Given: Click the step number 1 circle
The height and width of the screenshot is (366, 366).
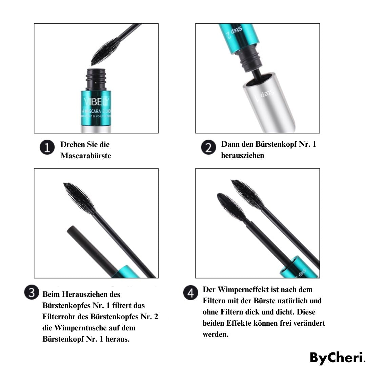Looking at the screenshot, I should pos(46,148).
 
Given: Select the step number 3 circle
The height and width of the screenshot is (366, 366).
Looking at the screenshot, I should pos(32,293).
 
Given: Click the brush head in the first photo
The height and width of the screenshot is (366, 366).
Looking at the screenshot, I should pos(106,51).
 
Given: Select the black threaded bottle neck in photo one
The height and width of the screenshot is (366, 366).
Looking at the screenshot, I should pos(96,79).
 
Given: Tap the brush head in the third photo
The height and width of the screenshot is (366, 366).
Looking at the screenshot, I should pos(80,198).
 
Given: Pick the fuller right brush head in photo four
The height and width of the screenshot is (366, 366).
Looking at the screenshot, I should pos(247,194).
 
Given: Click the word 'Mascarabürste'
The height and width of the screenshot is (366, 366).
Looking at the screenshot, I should pos(86,156).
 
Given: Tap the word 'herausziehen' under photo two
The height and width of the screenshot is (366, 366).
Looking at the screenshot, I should pos(242,156).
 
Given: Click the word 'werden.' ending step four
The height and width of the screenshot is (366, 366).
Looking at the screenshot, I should pos(216,334).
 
